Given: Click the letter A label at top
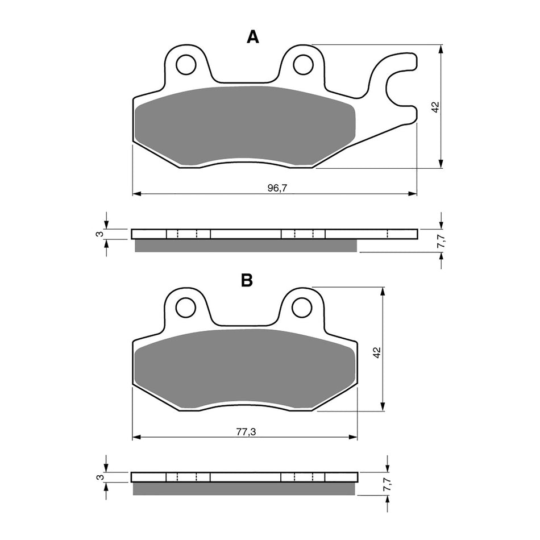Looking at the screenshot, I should (252, 37).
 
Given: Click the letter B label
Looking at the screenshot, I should (247, 280).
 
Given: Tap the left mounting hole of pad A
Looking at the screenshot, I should (185, 65).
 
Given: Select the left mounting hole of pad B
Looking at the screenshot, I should (185, 308).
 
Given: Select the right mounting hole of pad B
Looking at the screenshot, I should (302, 308).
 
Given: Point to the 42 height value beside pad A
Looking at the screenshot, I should (435, 107).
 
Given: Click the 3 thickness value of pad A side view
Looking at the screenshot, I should (98, 234).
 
